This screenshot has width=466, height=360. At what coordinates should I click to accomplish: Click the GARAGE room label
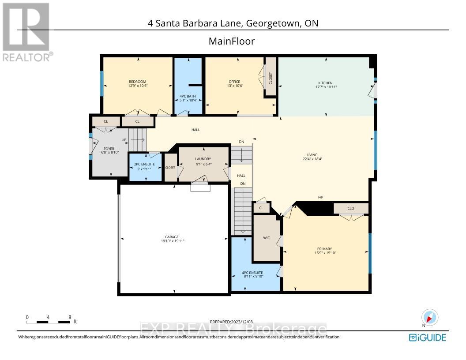click(x=172, y=237)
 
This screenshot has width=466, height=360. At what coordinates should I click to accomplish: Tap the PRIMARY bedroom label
click(x=323, y=249)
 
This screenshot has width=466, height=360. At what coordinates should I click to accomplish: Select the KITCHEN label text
click(x=326, y=83)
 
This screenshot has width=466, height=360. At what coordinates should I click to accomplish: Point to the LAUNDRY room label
click(x=203, y=159)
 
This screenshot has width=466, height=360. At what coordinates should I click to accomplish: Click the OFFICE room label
click(x=234, y=82)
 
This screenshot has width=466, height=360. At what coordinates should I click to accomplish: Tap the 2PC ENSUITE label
click(x=145, y=164)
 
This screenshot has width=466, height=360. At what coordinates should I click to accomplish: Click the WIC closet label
click(x=267, y=238)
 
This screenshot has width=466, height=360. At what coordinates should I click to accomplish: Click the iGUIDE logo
click(x=428, y=337)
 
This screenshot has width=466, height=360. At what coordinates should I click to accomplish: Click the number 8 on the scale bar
click(x=70, y=317)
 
